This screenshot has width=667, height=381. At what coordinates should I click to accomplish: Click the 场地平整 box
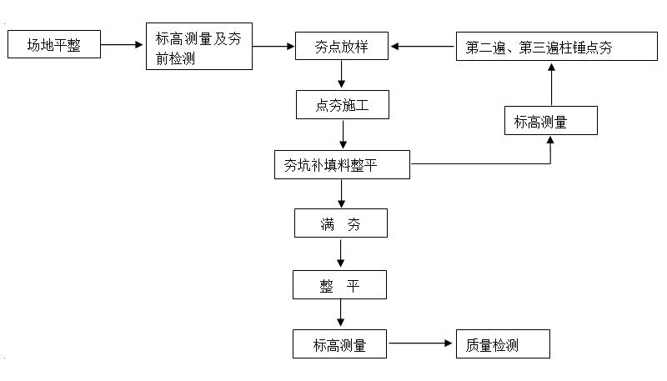[x=54, y=45]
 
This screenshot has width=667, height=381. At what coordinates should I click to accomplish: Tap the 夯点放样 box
[x=343, y=47]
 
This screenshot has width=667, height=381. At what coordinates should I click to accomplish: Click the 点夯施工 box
[x=343, y=105]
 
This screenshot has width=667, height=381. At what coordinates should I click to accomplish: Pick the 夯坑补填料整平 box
[x=343, y=164]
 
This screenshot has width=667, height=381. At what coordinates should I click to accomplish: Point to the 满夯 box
[x=341, y=223]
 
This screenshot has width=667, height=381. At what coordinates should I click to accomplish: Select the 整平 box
[x=340, y=286]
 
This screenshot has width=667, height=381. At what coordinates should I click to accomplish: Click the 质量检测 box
[x=503, y=343]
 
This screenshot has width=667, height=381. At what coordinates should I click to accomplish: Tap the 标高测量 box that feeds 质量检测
[x=340, y=343]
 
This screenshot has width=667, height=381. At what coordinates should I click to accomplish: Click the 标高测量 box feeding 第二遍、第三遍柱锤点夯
[x=550, y=120]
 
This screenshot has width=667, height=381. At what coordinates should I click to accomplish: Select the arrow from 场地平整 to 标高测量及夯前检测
[x=123, y=45]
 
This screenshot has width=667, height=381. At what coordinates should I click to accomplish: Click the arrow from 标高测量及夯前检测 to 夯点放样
[x=274, y=47]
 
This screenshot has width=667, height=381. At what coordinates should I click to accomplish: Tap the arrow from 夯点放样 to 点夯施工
[x=343, y=75]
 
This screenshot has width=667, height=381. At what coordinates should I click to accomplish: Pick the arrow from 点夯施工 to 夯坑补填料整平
[x=343, y=134]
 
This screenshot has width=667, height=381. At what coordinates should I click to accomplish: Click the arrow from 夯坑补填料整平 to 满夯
[x=342, y=193]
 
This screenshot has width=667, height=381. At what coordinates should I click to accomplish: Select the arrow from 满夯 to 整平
[x=341, y=253]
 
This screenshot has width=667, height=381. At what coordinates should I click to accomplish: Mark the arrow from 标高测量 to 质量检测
[x=421, y=343]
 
